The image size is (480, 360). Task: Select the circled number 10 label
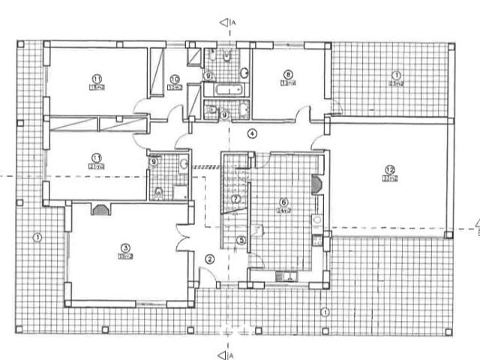[x=174, y=78]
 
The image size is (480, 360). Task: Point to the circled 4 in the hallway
[x=253, y=133]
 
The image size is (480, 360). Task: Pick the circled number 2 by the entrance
[x=209, y=259]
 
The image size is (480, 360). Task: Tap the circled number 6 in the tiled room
[x=283, y=201]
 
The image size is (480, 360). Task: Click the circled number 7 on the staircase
[x=235, y=199]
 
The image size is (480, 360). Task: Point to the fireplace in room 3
[x=99, y=210]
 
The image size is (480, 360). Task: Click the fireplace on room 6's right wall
[x=317, y=184]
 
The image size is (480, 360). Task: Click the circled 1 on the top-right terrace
[x=395, y=75]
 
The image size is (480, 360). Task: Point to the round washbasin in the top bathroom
[x=244, y=73]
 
